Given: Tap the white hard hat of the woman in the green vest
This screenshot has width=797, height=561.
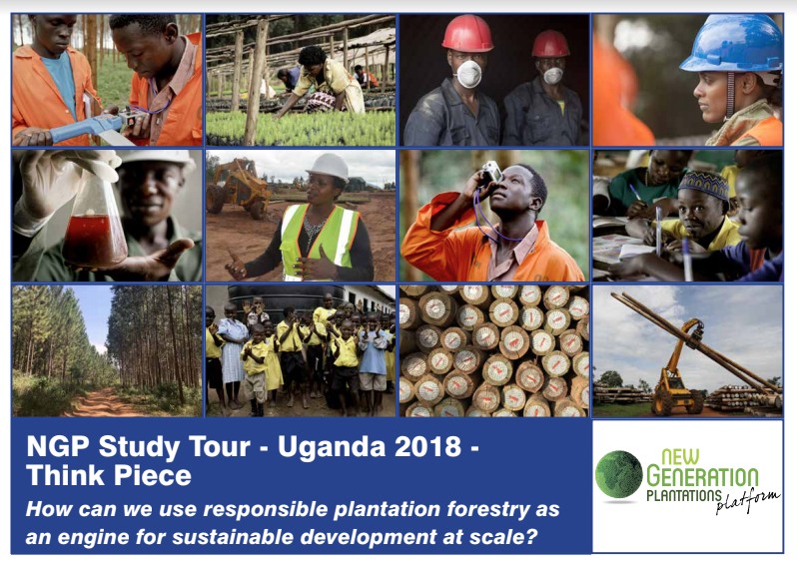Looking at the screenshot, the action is click(328, 166).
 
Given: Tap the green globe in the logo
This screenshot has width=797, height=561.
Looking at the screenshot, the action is click(619, 474).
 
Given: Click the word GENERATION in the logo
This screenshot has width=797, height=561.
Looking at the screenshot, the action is click(702, 476).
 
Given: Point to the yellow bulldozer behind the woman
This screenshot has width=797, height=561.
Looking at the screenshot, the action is click(238, 186).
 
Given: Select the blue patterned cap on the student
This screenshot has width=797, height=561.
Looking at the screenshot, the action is click(704, 184).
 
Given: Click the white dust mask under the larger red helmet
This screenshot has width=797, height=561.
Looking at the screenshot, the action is click(468, 74).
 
